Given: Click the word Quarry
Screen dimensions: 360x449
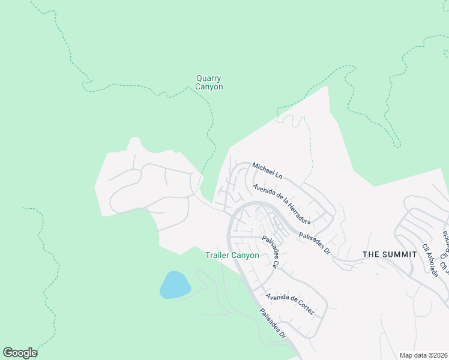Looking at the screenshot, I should (209, 78).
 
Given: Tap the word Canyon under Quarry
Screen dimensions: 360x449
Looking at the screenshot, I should (209, 86).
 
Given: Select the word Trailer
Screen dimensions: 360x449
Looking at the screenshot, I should (218, 255).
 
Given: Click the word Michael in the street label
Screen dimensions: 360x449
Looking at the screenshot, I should (263, 168).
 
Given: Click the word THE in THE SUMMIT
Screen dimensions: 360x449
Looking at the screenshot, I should (371, 254).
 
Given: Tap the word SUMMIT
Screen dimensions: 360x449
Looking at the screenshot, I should (399, 254).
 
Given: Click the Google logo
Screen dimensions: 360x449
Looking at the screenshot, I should (20, 353).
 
